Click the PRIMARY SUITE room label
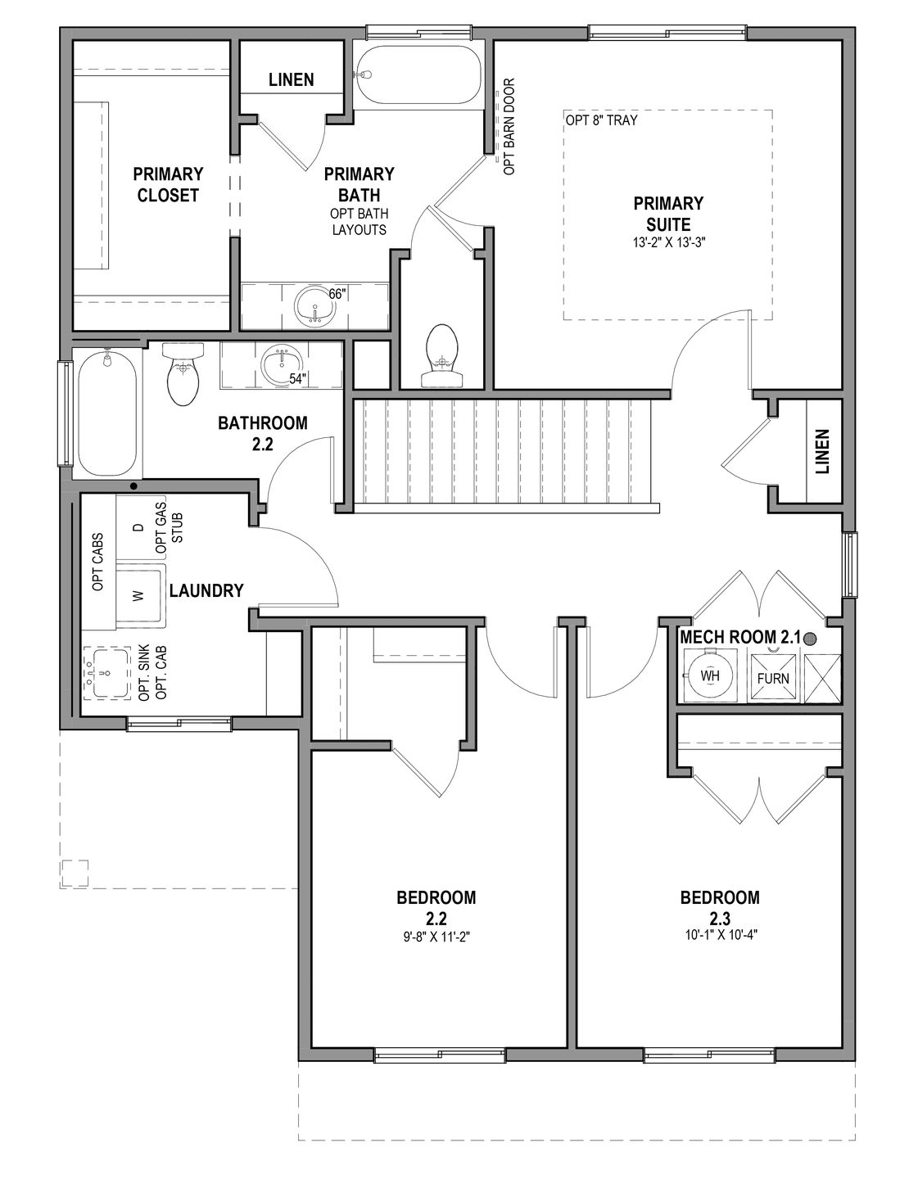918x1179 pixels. point(667,213)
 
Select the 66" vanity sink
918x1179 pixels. point(314,307)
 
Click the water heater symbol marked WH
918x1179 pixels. point(708,676)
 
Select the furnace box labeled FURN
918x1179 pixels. point(772,677)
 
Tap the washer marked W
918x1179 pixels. point(138,594)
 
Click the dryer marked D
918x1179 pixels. point(138,528)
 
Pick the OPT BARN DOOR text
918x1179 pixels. point(509,126)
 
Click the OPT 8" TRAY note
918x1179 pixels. point(601,120)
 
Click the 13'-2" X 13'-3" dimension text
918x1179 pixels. point(667,242)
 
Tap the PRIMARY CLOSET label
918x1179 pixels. point(168,184)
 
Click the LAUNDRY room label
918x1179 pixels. point(206,590)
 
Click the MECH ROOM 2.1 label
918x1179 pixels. point(739,635)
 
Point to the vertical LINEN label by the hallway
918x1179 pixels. point(823,451)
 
